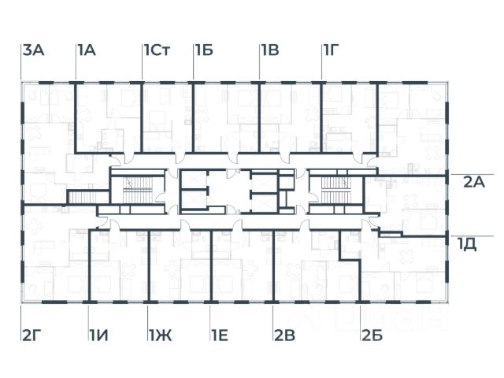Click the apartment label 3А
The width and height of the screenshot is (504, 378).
pyautogui.click(x=34, y=50)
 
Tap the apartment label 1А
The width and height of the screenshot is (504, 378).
pyautogui.click(x=87, y=50)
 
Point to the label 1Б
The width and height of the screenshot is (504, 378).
pyautogui.click(x=205, y=50)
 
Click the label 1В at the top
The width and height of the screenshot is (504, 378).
pyautogui.click(x=270, y=50)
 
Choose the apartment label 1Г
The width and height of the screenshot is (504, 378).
pyautogui.click(x=332, y=50)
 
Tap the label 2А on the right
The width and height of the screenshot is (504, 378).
pyautogui.click(x=473, y=183)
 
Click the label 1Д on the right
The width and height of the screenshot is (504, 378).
pyautogui.click(x=467, y=243)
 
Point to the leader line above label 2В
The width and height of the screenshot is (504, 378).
pyautogui.click(x=273, y=315)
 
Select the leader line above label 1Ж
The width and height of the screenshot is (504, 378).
pyautogui.click(x=149, y=315)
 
